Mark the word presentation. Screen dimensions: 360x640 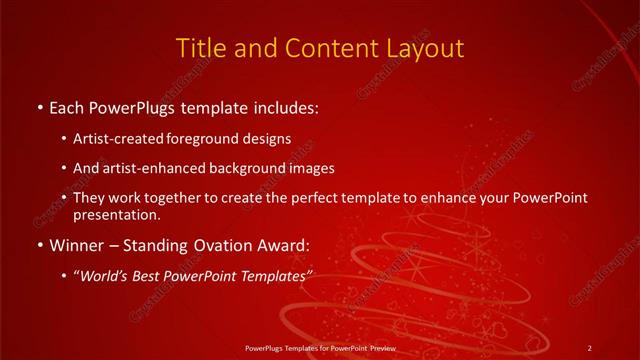click(116, 214)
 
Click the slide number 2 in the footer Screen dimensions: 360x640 click(589, 348)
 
